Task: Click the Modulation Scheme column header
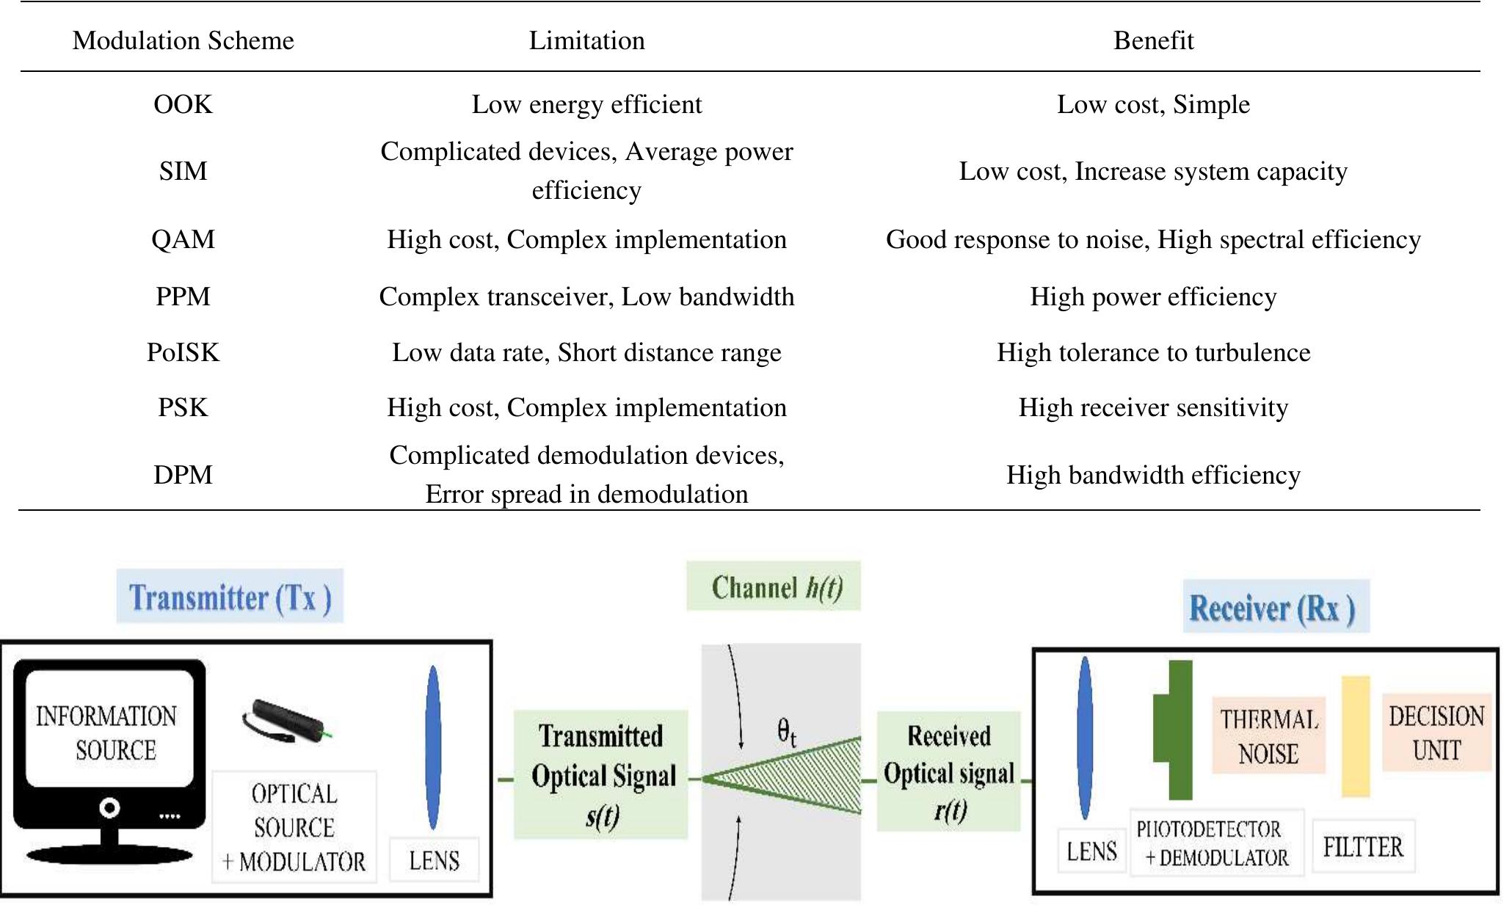coord(183,40)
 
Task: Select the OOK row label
coord(183,104)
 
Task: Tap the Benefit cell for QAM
coord(1152,239)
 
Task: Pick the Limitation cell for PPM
coord(586,297)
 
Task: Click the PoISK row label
coord(183,352)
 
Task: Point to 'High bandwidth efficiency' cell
coord(1152,475)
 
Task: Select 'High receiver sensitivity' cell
coord(1152,407)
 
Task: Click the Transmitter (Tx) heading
coord(230,597)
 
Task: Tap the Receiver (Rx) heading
coord(1274,607)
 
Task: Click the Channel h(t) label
coord(774,587)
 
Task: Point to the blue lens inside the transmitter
coord(433,747)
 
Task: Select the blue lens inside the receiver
coord(1085,738)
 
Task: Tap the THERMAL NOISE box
coord(1268,735)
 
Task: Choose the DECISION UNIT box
coord(1436,732)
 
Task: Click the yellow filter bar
coord(1356,736)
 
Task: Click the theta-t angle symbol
coord(785,732)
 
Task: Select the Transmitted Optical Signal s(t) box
coord(600,774)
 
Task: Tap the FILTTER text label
coord(1362,847)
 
